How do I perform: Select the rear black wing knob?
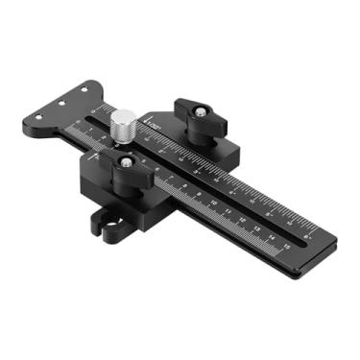pyautogui.click(x=198, y=114)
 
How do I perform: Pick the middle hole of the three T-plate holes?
pyautogui.click(x=62, y=101)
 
